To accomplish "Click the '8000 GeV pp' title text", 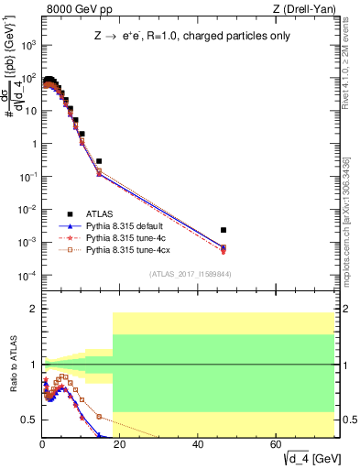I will coord(74,10).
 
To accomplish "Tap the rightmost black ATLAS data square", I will coord(224,230).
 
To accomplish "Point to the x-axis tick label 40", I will coord(199,444).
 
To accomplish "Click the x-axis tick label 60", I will coord(278,444).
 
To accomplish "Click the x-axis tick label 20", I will coord(121,444).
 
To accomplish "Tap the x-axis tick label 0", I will coord(42,444).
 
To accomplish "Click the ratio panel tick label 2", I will coord(30,310).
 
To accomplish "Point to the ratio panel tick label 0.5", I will coord(27,420).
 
